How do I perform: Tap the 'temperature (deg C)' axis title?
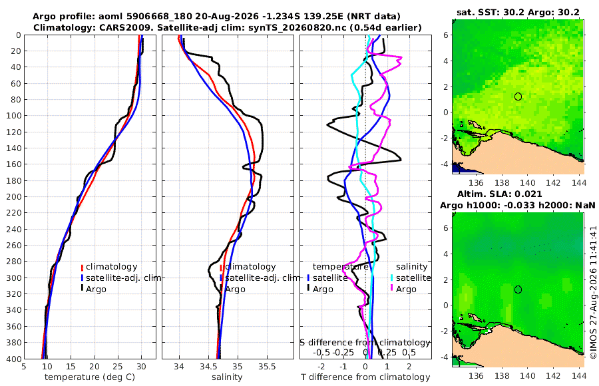(x=90, y=377)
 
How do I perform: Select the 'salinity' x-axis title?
(x=227, y=377)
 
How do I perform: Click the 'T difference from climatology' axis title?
(x=365, y=377)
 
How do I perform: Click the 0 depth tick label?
(x=19, y=35)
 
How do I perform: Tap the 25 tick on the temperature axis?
(x=118, y=367)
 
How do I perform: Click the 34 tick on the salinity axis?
(x=179, y=367)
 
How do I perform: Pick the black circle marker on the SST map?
(x=518, y=96)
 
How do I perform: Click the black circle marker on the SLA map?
(x=518, y=289)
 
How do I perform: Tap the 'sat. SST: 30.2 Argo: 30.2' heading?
(x=518, y=13)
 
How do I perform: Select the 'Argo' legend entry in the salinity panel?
(x=232, y=289)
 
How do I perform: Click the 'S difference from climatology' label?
(x=365, y=343)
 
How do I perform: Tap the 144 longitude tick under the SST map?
(x=579, y=183)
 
